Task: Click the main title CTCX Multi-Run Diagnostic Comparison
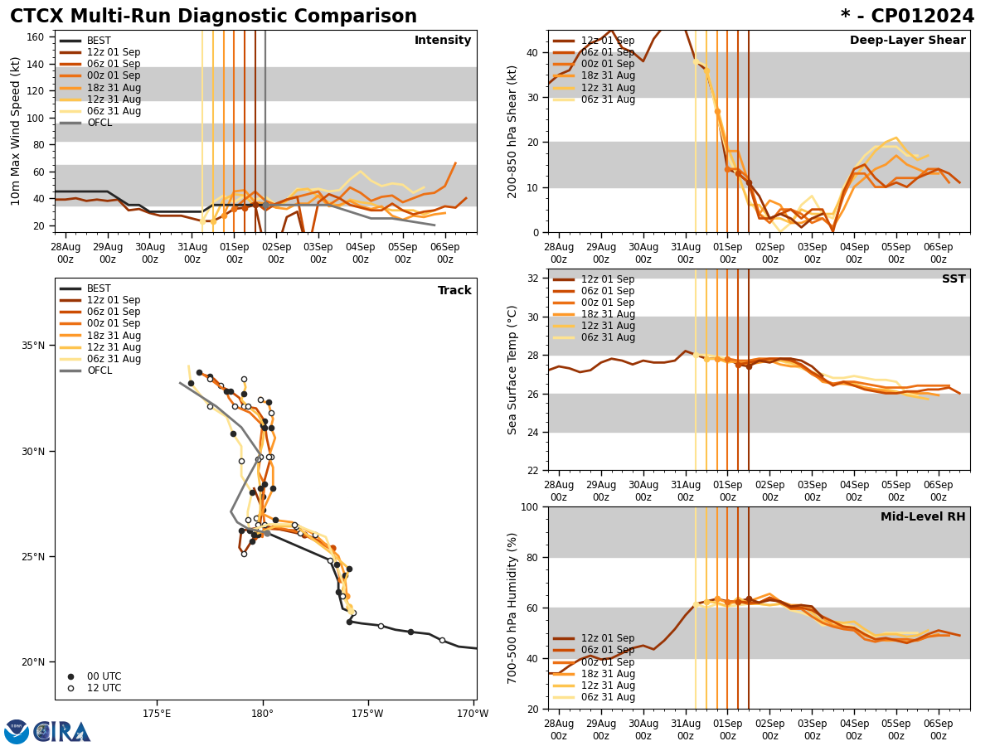(213, 17)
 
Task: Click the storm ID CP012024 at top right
(907, 17)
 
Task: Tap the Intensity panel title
(443, 41)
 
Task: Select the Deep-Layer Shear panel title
(907, 41)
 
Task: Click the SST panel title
(953, 279)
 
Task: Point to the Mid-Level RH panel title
(923, 517)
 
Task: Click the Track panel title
(454, 291)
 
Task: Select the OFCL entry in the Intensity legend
(99, 123)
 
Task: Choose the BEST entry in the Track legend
(99, 288)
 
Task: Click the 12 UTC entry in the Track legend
(104, 688)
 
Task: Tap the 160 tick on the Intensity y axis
(36, 37)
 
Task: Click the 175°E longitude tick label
(157, 714)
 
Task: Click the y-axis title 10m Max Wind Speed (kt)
(17, 131)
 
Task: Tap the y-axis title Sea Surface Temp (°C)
(512, 370)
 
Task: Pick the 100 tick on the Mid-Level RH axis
(528, 506)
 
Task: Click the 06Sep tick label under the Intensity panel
(445, 253)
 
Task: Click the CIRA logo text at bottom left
(62, 732)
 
